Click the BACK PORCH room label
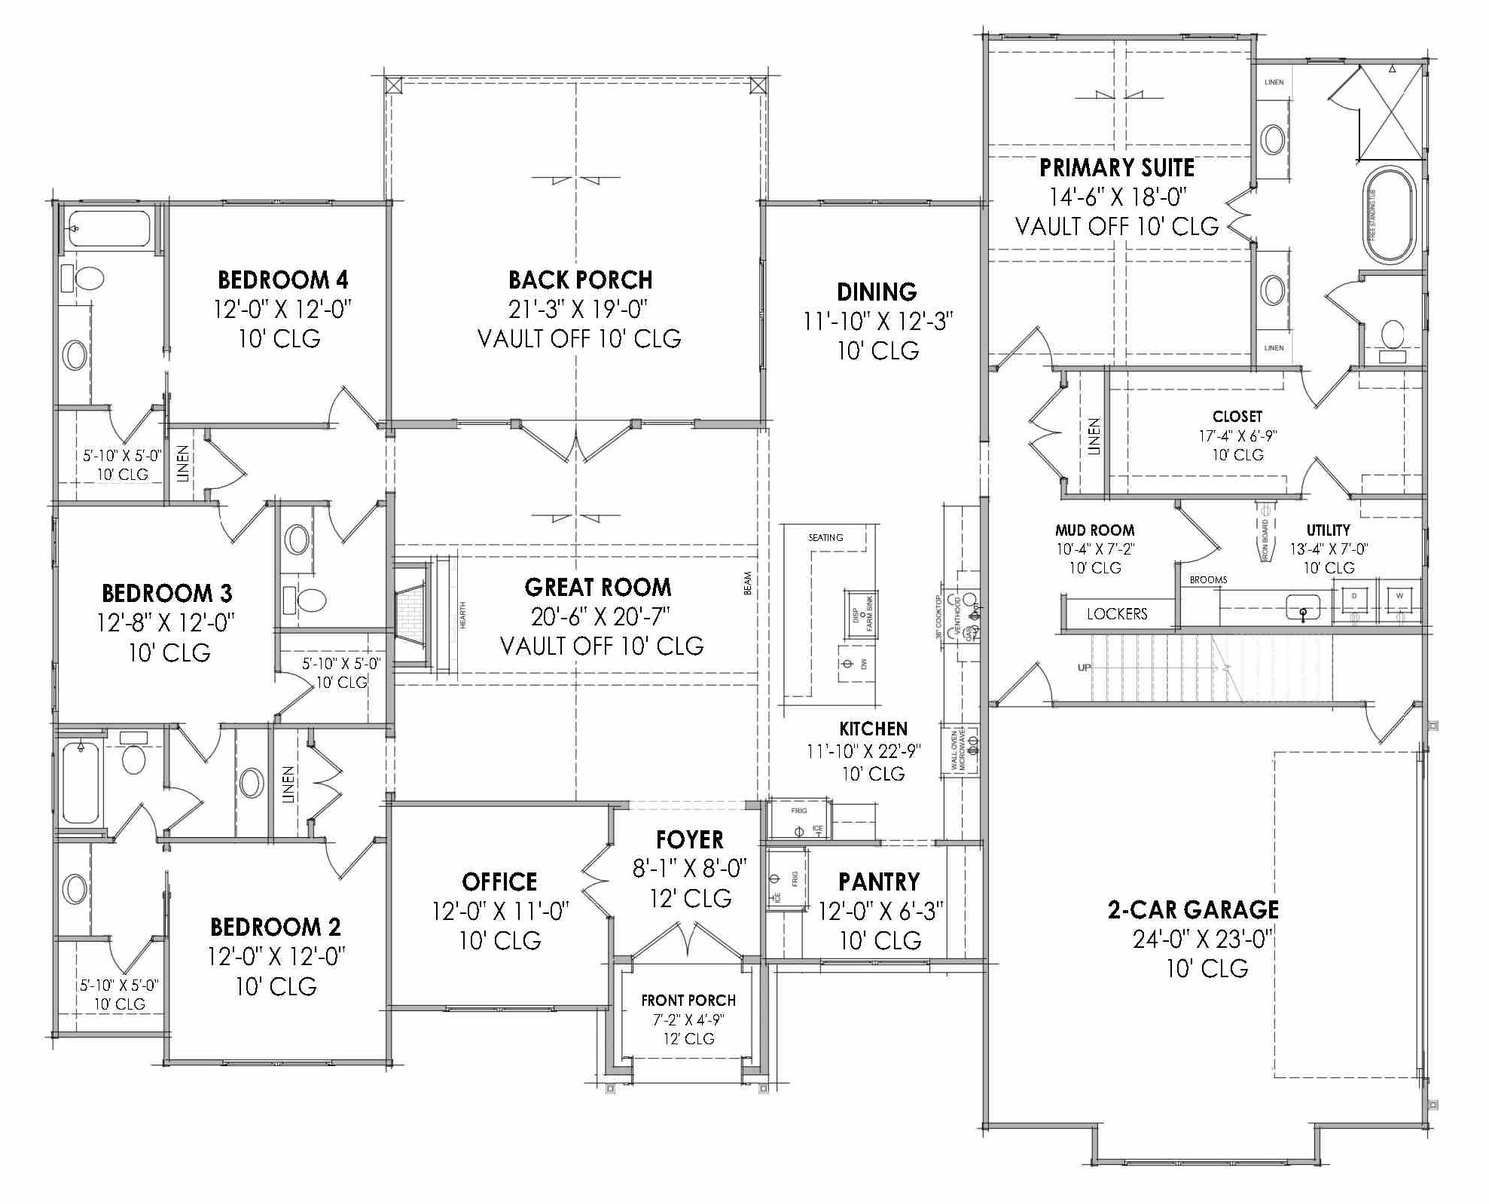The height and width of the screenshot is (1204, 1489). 580,280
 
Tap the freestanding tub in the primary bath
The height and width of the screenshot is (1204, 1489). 1390,216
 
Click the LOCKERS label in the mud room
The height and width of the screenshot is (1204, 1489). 1117,614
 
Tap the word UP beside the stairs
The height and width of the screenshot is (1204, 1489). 1084,668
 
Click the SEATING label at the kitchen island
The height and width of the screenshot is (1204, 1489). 825,537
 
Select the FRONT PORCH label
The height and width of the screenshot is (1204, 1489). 688,1001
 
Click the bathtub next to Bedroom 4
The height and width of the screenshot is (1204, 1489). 110,228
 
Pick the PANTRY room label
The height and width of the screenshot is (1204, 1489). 879,882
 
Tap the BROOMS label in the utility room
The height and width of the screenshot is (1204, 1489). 1208,579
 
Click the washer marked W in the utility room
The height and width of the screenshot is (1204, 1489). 1399,600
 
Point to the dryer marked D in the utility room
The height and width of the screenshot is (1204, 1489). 1354,600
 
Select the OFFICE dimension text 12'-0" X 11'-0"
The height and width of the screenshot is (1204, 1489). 500,912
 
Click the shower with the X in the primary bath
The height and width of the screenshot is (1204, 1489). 1390,113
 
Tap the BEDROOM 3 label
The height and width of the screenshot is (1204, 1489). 167,594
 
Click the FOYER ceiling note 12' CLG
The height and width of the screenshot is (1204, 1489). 691,898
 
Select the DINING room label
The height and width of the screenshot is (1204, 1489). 877,292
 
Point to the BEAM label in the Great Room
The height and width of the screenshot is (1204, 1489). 748,583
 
